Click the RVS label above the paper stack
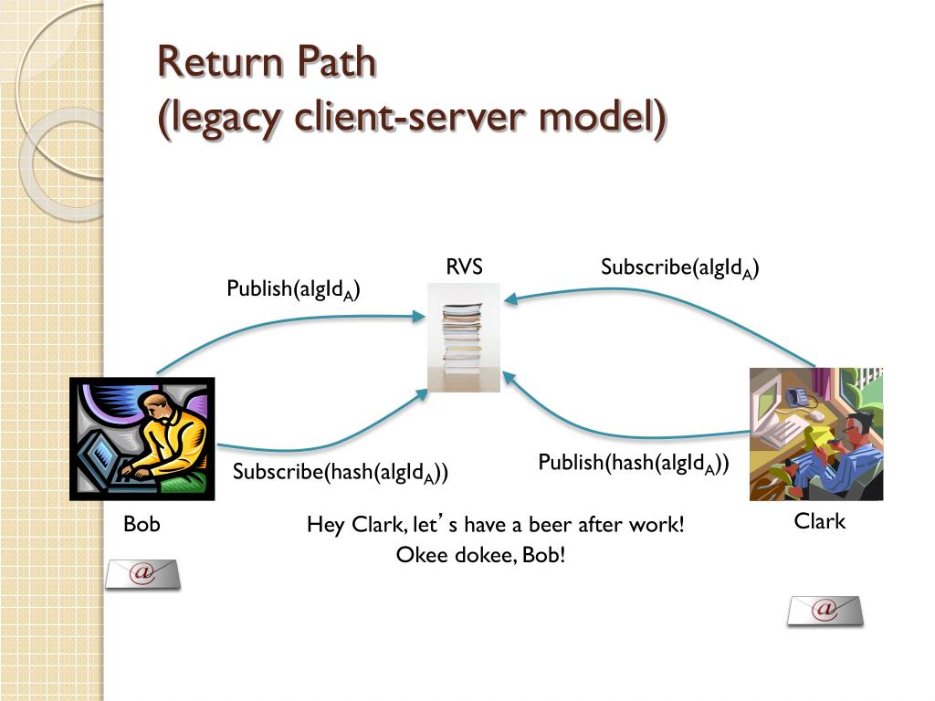coord(464,267)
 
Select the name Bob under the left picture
coord(142,525)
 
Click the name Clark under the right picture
coord(820,522)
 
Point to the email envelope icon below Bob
coord(142,574)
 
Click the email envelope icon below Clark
coord(825,610)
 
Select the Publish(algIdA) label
coord(293,289)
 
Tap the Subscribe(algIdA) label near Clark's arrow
coord(680,267)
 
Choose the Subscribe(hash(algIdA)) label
coord(340,472)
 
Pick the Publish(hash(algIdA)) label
coord(634,463)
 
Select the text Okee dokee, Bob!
coord(481,554)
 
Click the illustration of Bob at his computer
coord(142,439)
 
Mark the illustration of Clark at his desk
coord(816,434)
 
